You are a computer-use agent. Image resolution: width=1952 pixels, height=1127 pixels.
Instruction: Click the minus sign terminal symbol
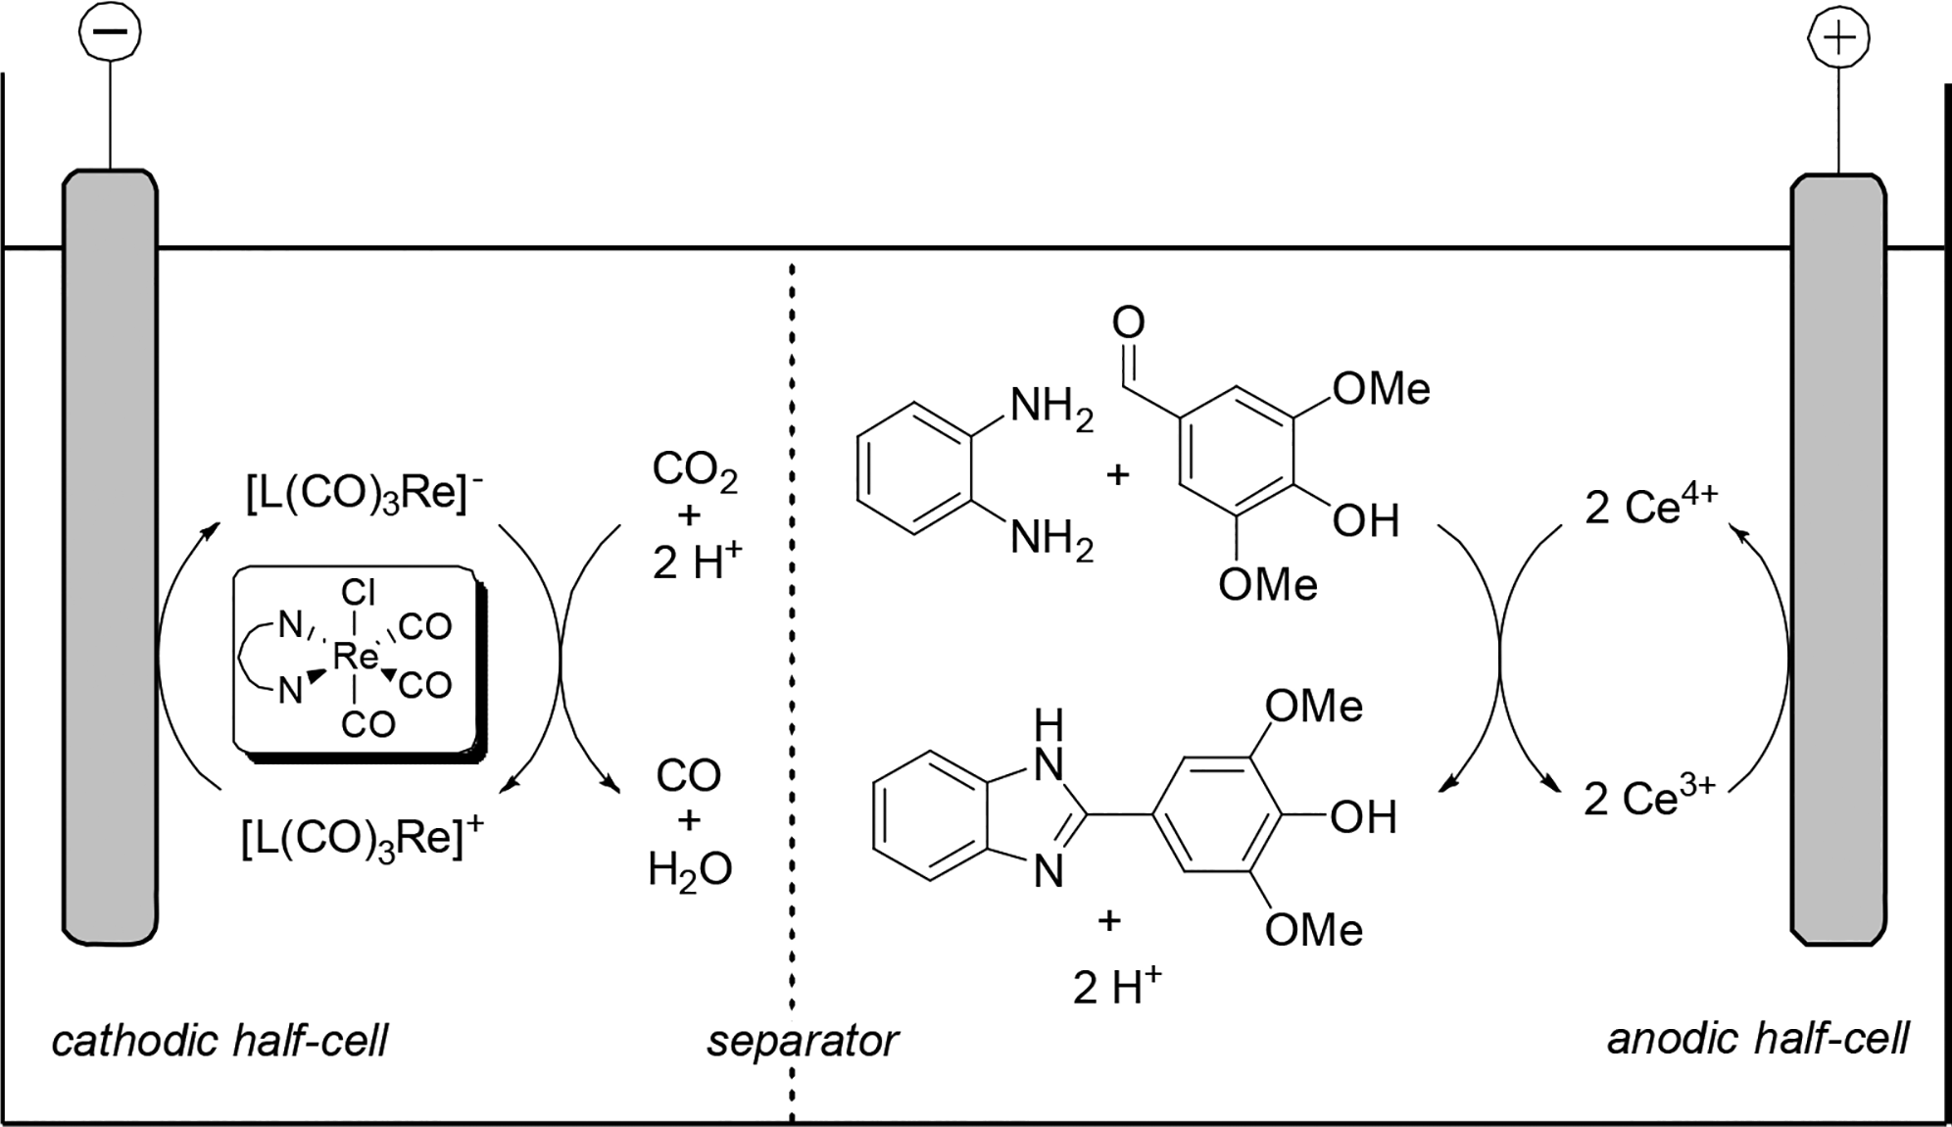pos(110,30)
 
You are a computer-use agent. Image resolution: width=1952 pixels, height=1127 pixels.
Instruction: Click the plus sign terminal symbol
pos(1838,37)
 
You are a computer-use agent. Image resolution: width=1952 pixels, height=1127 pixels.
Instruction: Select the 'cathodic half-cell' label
pos(220,1040)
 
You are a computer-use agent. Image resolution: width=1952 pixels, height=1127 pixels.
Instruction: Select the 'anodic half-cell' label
pos(1758,1038)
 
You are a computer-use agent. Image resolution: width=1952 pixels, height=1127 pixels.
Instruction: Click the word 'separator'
pos(802,1040)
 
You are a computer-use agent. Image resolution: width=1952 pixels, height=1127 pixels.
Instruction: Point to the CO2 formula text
pos(694,471)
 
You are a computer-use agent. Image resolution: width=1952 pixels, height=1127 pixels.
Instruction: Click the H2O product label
pos(689,869)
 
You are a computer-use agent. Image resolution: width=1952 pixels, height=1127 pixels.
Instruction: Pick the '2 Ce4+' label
pos(1651,507)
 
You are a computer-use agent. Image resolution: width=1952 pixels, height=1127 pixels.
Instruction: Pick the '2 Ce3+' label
pos(1649,799)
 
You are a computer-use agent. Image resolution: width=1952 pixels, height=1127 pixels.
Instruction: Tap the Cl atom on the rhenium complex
pos(358,593)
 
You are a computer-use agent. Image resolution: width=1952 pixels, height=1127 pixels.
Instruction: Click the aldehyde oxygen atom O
pos(1129,322)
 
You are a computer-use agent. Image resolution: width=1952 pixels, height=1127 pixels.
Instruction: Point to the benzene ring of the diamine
pos(914,468)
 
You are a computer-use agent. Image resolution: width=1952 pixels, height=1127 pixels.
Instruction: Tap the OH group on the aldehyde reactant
pos(1365,521)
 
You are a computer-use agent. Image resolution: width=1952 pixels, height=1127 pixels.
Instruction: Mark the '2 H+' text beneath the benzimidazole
pos(1116,987)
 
